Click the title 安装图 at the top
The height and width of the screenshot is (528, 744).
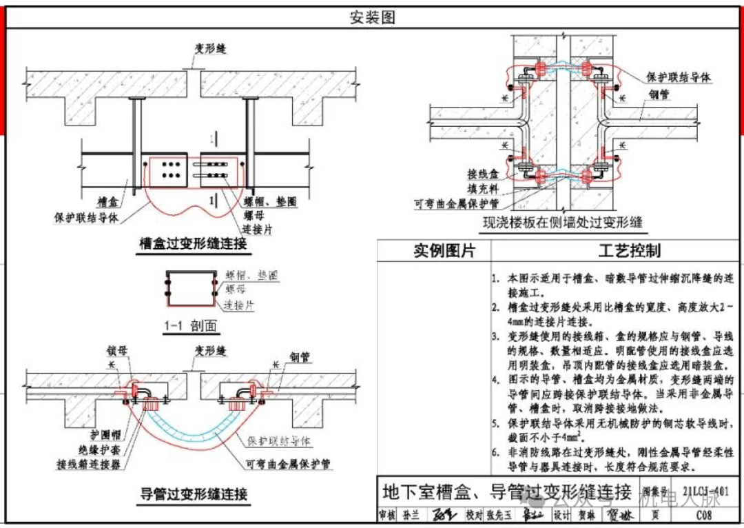click(372, 18)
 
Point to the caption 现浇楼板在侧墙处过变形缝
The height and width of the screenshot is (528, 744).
click(563, 222)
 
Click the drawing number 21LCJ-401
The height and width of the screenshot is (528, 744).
click(705, 492)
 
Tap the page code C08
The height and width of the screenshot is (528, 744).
click(703, 516)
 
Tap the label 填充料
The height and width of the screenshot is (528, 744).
click(463, 190)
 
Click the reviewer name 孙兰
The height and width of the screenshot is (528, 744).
click(411, 516)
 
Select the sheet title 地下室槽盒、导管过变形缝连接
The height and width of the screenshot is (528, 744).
click(506, 492)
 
